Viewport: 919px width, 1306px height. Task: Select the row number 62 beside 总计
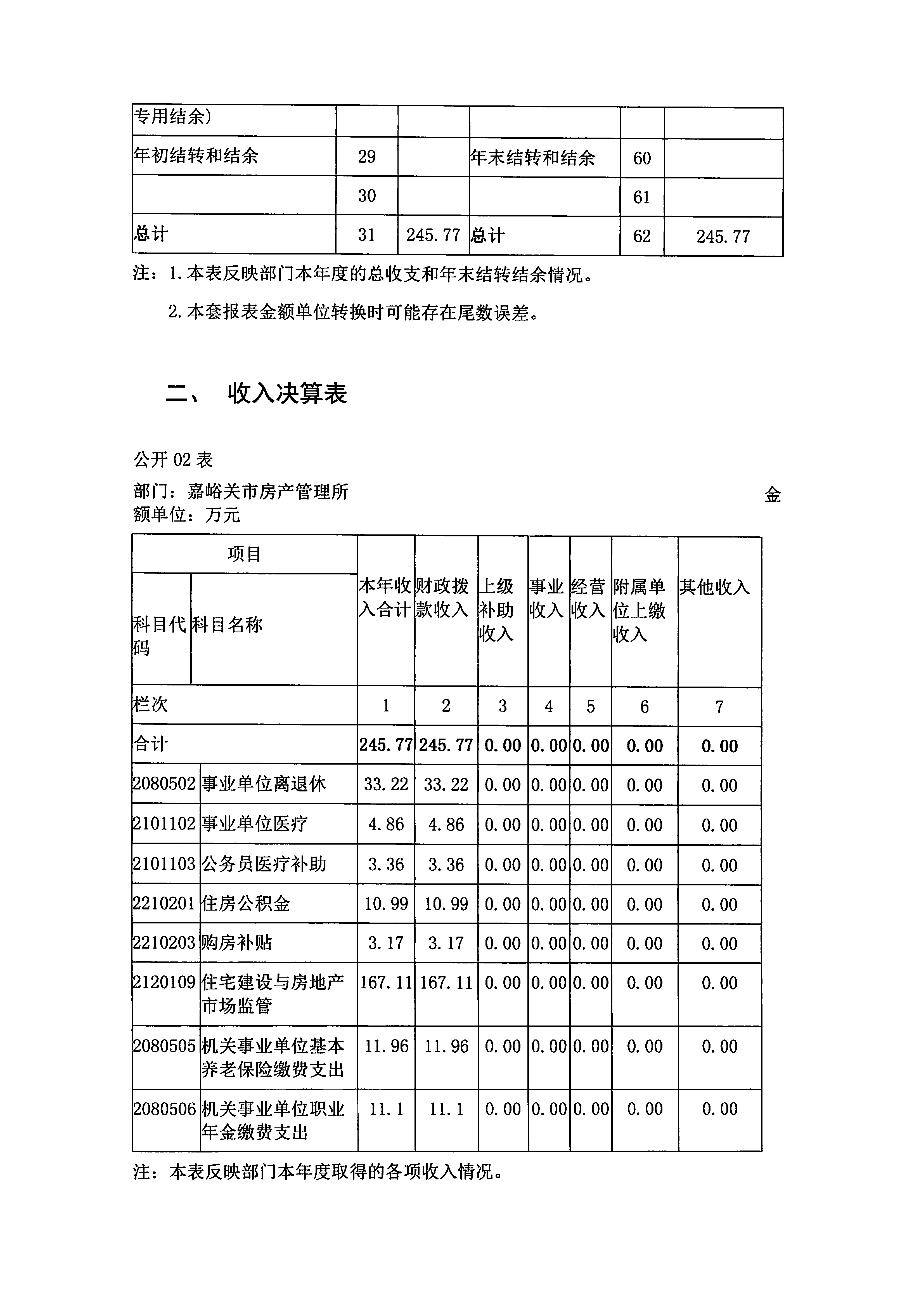click(642, 236)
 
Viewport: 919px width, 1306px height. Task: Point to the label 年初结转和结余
click(196, 155)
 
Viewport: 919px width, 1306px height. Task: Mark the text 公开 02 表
click(173, 459)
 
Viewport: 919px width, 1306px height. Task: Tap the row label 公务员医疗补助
click(264, 864)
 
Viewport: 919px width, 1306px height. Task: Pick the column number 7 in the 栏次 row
click(719, 706)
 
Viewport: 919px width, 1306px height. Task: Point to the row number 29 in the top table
click(367, 156)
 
